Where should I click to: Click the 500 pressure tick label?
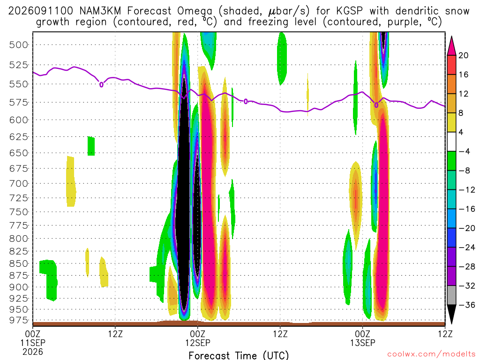click(18, 45)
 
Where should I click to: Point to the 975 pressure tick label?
click(18, 320)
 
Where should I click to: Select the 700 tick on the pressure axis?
click(18, 184)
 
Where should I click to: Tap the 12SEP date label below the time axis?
click(198, 343)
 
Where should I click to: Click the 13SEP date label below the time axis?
click(363, 343)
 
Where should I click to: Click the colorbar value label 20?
click(463, 55)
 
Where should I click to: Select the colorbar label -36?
click(467, 305)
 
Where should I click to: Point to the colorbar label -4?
click(464, 151)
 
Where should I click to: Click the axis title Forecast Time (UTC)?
click(239, 355)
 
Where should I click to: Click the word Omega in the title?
click(195, 11)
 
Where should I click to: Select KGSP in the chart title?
click(349, 11)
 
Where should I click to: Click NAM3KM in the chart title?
click(100, 11)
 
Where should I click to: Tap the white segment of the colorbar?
click(451, 142)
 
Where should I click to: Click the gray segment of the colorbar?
click(451, 295)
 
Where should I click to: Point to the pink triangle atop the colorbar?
click(451, 46)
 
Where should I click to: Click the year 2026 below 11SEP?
click(33, 352)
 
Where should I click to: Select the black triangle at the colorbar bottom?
click(451, 314)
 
